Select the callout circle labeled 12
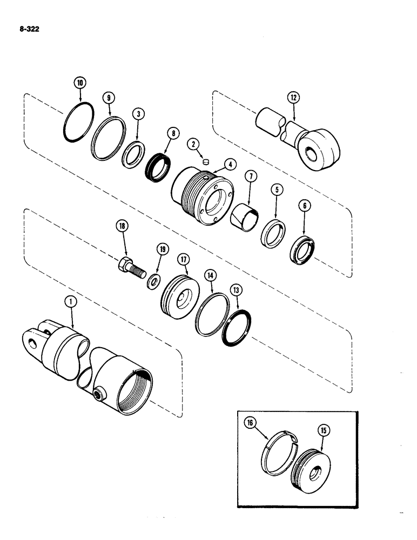[293, 97]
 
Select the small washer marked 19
[154, 280]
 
